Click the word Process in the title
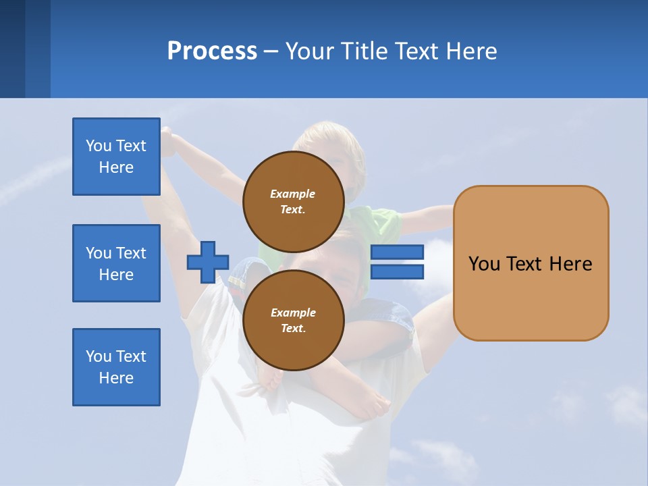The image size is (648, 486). pos(212,51)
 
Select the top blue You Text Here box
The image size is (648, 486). pos(116,157)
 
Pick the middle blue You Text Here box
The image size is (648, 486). pos(116,263)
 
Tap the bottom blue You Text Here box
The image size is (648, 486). pos(116,367)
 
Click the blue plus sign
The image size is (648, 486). pos(207,262)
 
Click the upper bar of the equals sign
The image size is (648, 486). pos(397,252)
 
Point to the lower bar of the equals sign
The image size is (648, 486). pos(397,271)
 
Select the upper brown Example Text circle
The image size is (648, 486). pos(293,201)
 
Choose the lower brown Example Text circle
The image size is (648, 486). pos(293,320)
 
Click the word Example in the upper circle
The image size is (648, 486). pos(293,194)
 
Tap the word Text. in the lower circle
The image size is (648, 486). pos(293,329)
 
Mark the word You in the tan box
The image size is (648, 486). pos(483,264)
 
